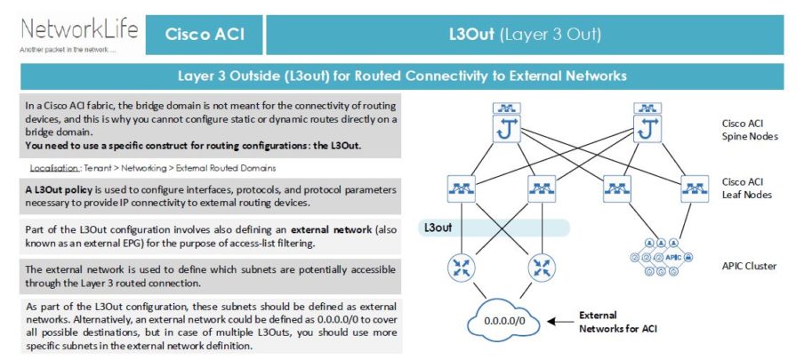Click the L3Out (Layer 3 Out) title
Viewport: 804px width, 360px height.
(525, 35)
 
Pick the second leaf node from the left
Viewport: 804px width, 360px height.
(542, 188)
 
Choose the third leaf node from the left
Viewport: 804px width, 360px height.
(617, 188)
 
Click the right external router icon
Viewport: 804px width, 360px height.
(542, 266)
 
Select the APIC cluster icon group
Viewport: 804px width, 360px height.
(655, 255)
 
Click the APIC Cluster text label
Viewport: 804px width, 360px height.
(749, 265)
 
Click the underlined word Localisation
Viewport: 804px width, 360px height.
(54, 167)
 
